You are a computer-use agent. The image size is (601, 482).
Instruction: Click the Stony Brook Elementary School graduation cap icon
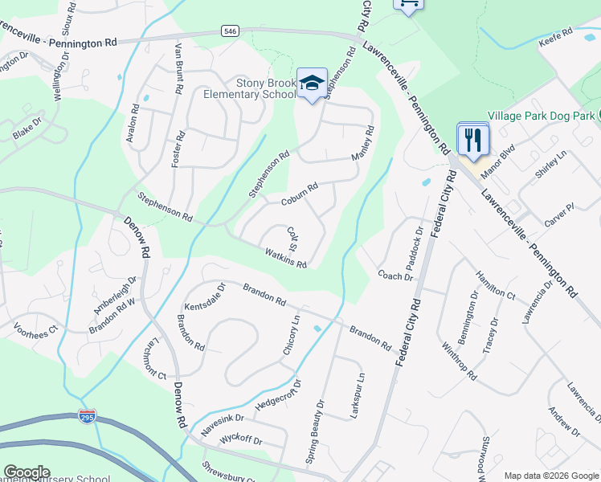pos(313,83)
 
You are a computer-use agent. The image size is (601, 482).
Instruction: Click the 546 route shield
pos(231,31)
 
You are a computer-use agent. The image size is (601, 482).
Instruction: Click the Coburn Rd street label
pos(300,193)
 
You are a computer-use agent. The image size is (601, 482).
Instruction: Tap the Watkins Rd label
pos(286,258)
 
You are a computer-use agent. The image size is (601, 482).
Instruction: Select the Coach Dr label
pos(395,276)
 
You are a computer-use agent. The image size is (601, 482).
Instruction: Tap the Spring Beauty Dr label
pos(314,432)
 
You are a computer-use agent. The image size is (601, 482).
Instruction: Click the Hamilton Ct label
pos(494,284)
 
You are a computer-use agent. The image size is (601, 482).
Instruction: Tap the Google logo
pos(27,472)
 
